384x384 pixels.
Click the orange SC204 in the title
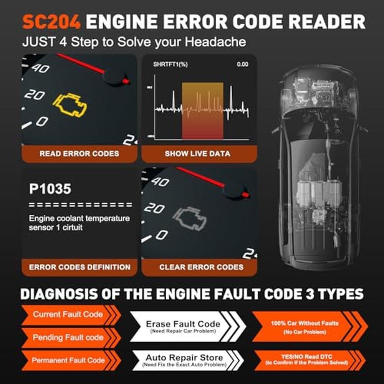point(51,22)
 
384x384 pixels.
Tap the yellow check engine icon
point(70,105)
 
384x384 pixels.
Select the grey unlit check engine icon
point(189,218)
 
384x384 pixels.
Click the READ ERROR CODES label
point(79,154)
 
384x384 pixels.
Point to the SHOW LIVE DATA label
point(197,154)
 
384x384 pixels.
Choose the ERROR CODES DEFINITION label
point(79,267)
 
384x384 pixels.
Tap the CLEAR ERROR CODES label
point(201,267)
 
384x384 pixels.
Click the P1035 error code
point(50,189)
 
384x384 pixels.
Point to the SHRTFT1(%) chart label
point(170,65)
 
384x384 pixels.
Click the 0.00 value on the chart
point(242,65)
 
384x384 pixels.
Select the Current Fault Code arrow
point(71,315)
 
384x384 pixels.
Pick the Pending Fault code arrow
point(71,338)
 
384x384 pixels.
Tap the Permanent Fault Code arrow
point(71,361)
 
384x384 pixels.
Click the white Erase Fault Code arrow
point(188,326)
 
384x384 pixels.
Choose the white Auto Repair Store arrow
point(188,360)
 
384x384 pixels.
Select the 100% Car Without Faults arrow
point(310,326)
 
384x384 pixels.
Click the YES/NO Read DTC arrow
point(310,360)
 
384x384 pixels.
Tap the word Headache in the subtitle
point(215,42)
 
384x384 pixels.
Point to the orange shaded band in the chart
point(202,111)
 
